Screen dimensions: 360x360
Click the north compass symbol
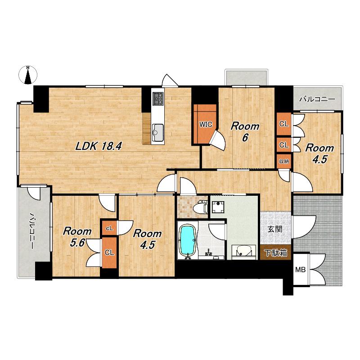pyautogui.click(x=28, y=75)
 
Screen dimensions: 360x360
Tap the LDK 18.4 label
pyautogui.click(x=99, y=146)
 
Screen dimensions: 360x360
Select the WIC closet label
pyautogui.click(x=206, y=125)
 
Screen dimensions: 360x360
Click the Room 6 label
pyautogui.click(x=245, y=132)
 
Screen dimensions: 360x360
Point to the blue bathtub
pyautogui.click(x=188, y=240)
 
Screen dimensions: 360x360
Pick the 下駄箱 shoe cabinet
pyautogui.click(x=276, y=252)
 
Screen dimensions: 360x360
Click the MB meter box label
pyautogui.click(x=300, y=270)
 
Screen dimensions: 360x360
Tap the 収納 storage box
pyautogui.click(x=284, y=162)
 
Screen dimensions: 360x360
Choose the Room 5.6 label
pyautogui.click(x=77, y=237)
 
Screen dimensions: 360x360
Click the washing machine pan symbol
pyautogui.click(x=218, y=207)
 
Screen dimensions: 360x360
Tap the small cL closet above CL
pyautogui.click(x=109, y=228)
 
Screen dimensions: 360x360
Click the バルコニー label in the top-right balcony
pyautogui.click(x=318, y=99)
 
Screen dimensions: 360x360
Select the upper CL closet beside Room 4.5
pyautogui.click(x=284, y=124)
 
